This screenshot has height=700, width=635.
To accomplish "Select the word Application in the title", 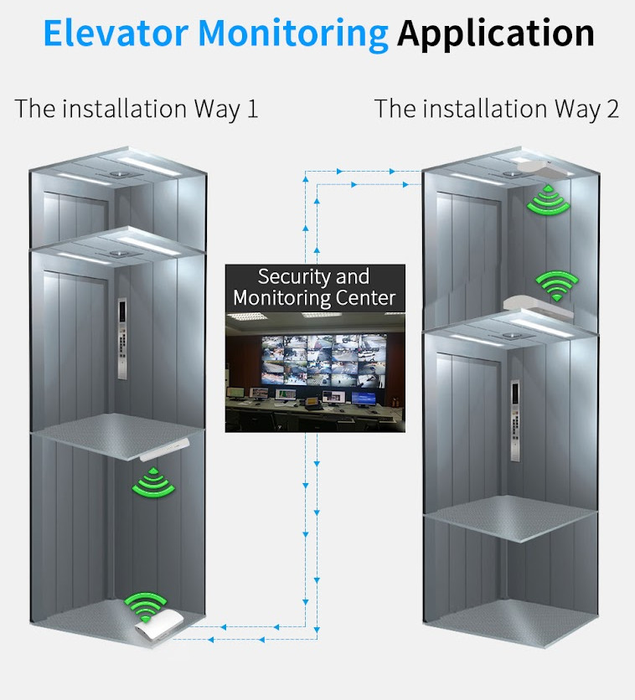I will tap(496, 33).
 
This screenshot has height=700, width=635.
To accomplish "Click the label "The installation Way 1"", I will tap(137, 109).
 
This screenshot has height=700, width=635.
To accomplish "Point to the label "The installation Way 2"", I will tap(497, 109).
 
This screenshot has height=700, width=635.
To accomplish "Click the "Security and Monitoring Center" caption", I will tap(314, 287).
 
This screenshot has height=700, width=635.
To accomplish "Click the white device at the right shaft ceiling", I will tap(544, 170).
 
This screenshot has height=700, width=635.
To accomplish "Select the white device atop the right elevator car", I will tap(536, 306).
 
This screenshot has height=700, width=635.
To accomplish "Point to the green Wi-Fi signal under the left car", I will tap(152, 482).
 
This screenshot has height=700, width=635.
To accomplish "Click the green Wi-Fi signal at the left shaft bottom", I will tap(146, 605).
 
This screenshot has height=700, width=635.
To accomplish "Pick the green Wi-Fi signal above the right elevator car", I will tap(553, 285).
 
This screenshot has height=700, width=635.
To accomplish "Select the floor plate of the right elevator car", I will tap(511, 507).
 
